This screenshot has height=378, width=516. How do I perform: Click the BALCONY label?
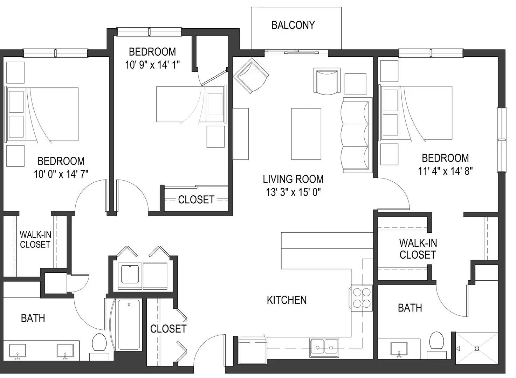pos(293,25)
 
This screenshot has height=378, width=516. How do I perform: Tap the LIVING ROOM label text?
pos(293,179)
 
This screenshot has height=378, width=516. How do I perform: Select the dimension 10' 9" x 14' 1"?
pos(152,65)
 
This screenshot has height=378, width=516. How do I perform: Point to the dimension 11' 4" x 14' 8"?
pos(445,171)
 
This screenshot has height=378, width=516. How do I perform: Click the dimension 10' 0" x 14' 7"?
pos(61,174)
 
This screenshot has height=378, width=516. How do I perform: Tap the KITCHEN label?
pos(287,300)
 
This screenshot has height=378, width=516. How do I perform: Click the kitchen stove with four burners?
pos(361,298)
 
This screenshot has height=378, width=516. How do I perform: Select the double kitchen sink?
pos(324,348)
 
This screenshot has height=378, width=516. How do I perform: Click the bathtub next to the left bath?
pos(129,324)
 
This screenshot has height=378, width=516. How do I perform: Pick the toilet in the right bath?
pos(437,347)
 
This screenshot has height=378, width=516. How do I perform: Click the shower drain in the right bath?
pos(477,349)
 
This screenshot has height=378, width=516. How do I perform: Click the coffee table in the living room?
pos(306,134)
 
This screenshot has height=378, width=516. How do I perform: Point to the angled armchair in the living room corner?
pos(251,75)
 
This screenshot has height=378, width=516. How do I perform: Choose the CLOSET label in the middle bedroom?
pos(196,199)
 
